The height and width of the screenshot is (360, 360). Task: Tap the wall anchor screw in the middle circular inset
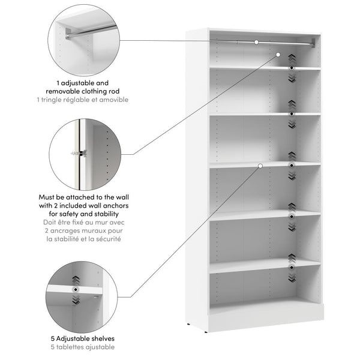click(x=76, y=154)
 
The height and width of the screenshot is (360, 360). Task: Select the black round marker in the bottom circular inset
click(x=76, y=289)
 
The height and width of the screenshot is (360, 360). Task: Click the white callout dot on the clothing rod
click(x=256, y=42)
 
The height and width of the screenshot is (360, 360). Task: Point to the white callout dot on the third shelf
click(x=260, y=165)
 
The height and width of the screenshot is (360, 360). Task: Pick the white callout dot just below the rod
click(x=278, y=54)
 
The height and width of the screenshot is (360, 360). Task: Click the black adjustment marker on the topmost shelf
click(x=291, y=69)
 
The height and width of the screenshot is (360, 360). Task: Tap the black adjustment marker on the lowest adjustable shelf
click(x=291, y=266)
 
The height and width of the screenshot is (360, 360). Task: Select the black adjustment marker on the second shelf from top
click(x=291, y=113)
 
